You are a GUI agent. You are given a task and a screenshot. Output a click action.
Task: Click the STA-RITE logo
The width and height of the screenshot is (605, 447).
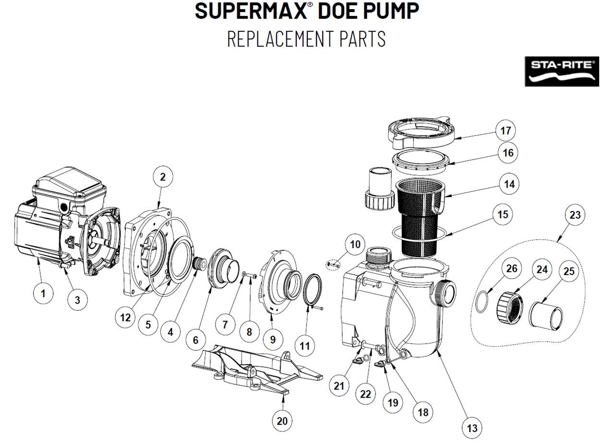[x=562, y=71]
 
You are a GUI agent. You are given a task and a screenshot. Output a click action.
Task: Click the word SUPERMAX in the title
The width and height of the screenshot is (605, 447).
[x=250, y=11]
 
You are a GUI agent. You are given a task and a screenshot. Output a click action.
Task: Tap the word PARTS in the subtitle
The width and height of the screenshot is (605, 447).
[x=363, y=38]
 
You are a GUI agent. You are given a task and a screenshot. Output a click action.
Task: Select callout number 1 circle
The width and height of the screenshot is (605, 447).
[x=43, y=294]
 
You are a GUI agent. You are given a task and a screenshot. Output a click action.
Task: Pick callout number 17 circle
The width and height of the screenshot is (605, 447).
[x=506, y=130]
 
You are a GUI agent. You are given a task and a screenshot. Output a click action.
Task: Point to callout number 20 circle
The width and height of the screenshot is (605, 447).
[x=282, y=421]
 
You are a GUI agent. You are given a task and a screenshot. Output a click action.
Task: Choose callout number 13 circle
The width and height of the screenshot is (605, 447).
[x=472, y=428]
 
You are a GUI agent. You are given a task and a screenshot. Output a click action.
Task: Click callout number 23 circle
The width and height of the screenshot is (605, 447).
[x=575, y=215]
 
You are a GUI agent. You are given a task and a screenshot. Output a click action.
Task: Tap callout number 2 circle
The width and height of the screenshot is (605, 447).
[x=163, y=177]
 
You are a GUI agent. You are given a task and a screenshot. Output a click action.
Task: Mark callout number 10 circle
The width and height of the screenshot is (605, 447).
[x=355, y=245]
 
